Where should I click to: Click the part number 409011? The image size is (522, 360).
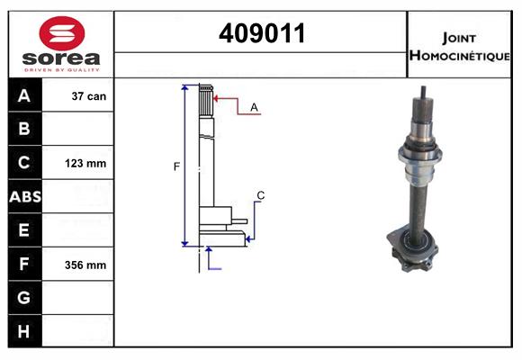coord(262,33)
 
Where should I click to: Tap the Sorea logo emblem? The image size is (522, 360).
coord(60,33)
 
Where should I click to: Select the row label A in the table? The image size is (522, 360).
coord(24,95)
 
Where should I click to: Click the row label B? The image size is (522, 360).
coord(24,129)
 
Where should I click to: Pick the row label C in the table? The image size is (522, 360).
coord(24,163)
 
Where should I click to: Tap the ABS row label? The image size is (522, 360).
coord(24,196)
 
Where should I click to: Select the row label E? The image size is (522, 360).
coord(24,230)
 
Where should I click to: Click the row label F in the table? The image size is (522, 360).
coord(24,265)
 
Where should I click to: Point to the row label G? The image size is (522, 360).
coord(24,298)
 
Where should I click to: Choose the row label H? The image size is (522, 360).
coord(24,331)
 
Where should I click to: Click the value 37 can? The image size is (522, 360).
coord(89,95)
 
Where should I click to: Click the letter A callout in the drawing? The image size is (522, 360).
coord(254,107)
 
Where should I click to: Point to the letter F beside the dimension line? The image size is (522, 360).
coord(176,166)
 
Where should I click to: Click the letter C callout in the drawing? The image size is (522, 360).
coord(260,195)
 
